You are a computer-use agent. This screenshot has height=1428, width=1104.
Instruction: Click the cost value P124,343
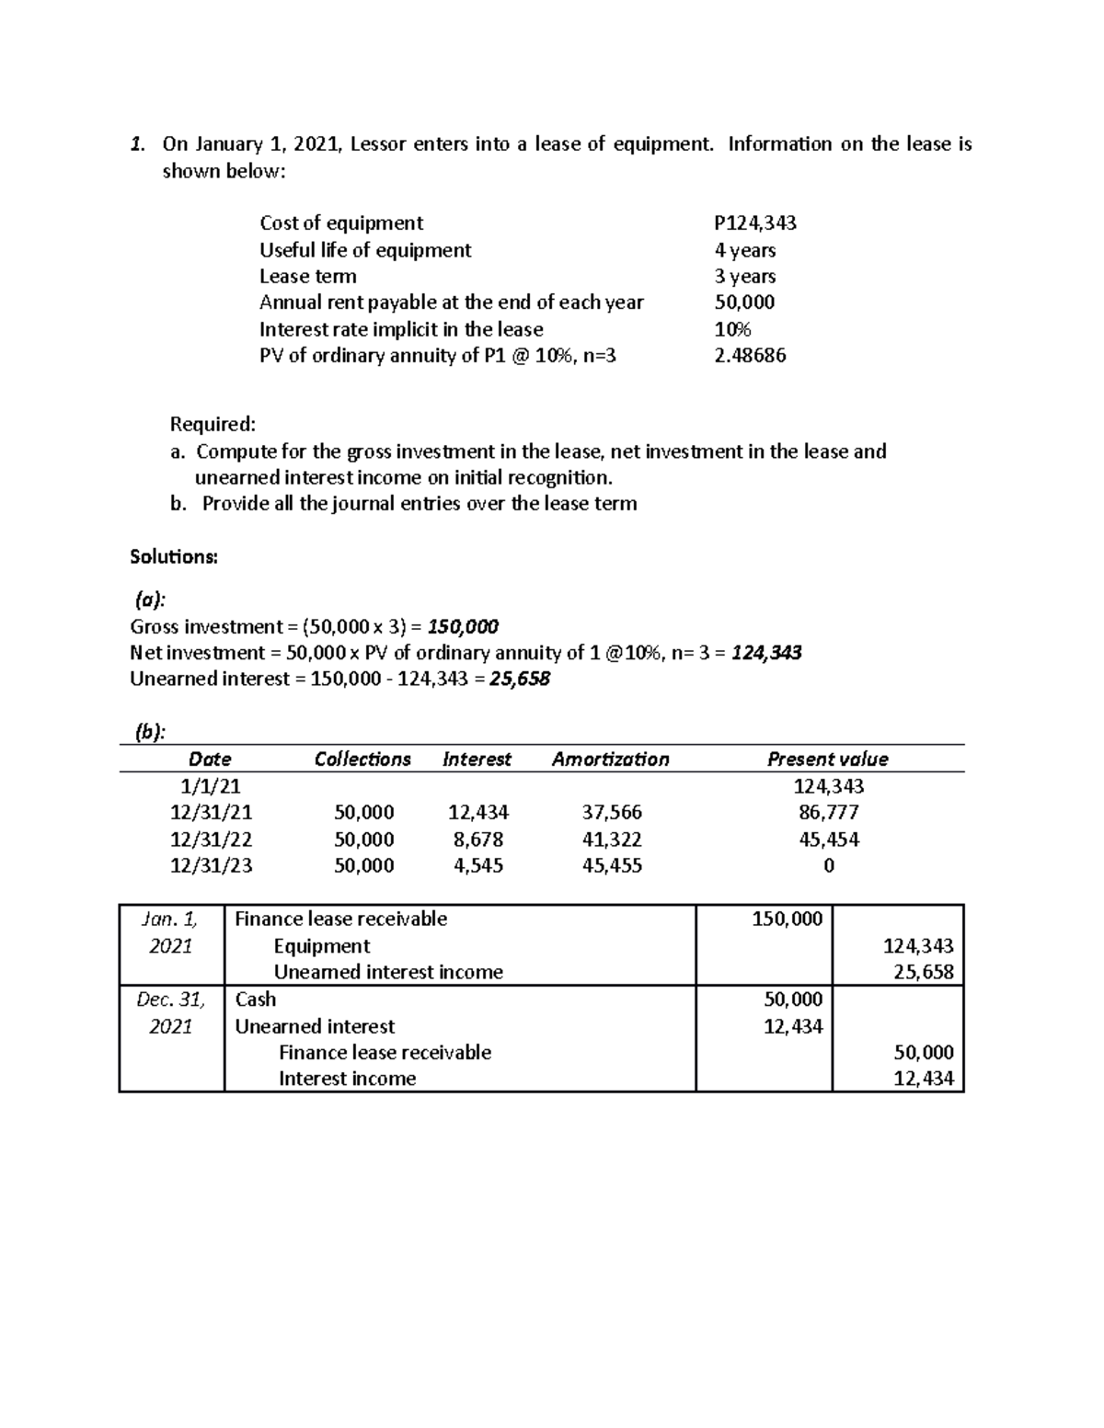pyautogui.click(x=754, y=223)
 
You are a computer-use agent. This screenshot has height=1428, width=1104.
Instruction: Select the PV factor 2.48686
pyautogui.click(x=750, y=355)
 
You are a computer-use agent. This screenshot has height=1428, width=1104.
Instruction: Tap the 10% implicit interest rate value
pyautogui.click(x=732, y=329)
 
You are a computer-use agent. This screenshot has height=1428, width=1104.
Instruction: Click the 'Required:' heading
pyautogui.click(x=213, y=424)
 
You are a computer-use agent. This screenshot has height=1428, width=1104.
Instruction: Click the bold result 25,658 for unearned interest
pyautogui.click(x=520, y=680)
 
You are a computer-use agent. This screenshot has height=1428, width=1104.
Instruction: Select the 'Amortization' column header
pyautogui.click(x=610, y=760)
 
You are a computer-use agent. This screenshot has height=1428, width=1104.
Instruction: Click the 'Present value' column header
pyautogui.click(x=827, y=760)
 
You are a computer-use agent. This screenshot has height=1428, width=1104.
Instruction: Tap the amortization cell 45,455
pyautogui.click(x=612, y=866)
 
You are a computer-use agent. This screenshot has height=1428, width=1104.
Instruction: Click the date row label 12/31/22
pyautogui.click(x=211, y=840)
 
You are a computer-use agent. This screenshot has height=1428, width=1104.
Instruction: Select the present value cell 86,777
pyautogui.click(x=828, y=813)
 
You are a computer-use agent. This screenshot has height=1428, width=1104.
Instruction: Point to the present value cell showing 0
pyautogui.click(x=829, y=866)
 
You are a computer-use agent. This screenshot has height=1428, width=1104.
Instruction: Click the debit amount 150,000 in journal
pyautogui.click(x=787, y=919)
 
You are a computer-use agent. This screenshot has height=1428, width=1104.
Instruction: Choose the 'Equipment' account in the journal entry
pyautogui.click(x=321, y=946)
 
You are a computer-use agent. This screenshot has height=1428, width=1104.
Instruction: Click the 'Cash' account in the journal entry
pyautogui.click(x=255, y=1000)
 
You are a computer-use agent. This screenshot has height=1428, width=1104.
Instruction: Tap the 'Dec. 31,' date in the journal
pyautogui.click(x=170, y=1000)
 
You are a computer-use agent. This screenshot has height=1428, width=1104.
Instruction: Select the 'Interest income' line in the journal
pyautogui.click(x=347, y=1079)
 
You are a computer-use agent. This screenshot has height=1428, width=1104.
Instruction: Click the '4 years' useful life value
pyautogui.click(x=744, y=250)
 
